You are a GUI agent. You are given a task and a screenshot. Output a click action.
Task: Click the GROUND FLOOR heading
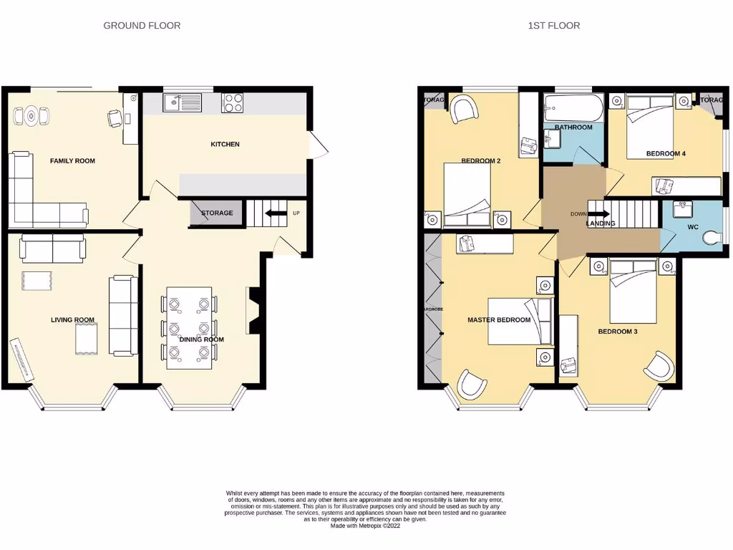point(142,26)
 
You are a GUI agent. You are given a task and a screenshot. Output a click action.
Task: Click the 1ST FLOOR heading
point(553,26)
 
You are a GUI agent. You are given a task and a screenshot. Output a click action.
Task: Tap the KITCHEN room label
point(225,145)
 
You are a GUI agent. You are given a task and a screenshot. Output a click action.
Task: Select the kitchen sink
point(182,103)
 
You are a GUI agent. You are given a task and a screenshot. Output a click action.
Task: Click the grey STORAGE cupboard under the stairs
point(216,213)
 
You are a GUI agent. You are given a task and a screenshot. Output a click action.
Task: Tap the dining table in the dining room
point(189,327)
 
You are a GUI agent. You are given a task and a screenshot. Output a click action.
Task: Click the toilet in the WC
point(712,236)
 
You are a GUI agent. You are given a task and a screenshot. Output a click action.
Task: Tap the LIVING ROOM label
point(73,320)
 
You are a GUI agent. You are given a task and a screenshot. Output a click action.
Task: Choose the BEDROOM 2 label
point(480,161)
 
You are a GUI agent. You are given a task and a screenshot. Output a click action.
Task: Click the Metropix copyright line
point(366,526)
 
